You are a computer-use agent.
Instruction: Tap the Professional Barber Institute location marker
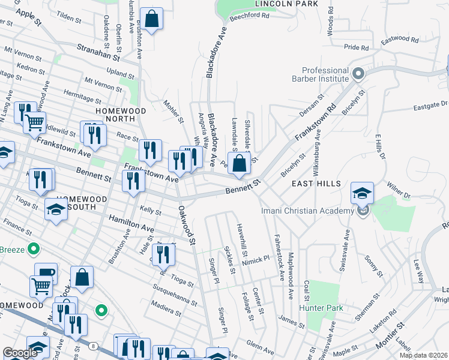(358, 74)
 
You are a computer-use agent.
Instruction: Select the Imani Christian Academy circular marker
(362, 211)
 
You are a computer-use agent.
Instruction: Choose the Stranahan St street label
(98, 53)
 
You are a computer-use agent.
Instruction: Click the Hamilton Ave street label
(131, 224)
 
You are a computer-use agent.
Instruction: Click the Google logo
(20, 352)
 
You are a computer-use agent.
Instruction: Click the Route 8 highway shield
(93, 346)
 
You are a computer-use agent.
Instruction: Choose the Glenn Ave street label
(260, 346)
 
